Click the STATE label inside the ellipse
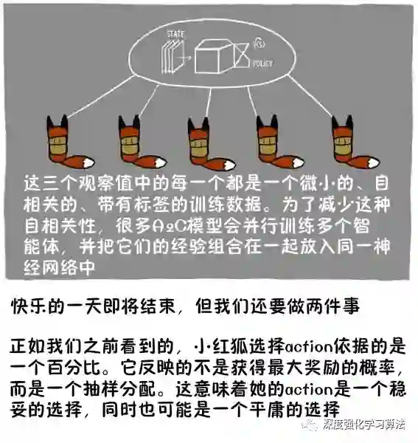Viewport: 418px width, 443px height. (176, 35)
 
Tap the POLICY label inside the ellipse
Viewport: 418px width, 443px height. (262, 63)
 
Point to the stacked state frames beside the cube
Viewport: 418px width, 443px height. (173, 57)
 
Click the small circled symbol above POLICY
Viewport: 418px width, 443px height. (259, 43)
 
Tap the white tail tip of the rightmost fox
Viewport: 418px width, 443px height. (374, 163)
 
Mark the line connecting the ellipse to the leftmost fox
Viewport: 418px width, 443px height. (101, 97)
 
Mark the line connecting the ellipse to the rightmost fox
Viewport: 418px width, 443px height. (310, 96)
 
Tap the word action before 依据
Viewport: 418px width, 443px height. (308, 347)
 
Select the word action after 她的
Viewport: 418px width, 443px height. (308, 390)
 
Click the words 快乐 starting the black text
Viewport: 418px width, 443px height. (29, 306)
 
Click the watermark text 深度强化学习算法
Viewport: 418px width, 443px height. (364, 425)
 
